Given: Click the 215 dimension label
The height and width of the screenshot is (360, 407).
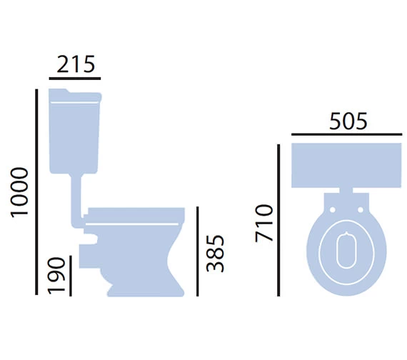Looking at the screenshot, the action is click(x=76, y=64).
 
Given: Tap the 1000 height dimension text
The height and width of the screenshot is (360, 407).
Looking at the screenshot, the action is click(x=19, y=192).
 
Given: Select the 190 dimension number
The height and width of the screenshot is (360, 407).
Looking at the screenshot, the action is click(x=56, y=276).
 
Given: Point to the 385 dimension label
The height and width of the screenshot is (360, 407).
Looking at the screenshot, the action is click(x=215, y=254).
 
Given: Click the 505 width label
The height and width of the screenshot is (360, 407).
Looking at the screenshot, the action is click(x=348, y=121).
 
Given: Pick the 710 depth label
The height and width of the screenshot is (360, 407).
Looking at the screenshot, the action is click(x=264, y=223).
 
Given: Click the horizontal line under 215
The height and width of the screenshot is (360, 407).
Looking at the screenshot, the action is click(x=75, y=78).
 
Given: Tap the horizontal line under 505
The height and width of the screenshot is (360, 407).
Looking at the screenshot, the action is click(x=347, y=134).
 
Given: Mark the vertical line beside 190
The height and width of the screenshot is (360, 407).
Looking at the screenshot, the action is click(x=71, y=276).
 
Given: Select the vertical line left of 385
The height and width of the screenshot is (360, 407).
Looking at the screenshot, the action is click(x=198, y=251).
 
